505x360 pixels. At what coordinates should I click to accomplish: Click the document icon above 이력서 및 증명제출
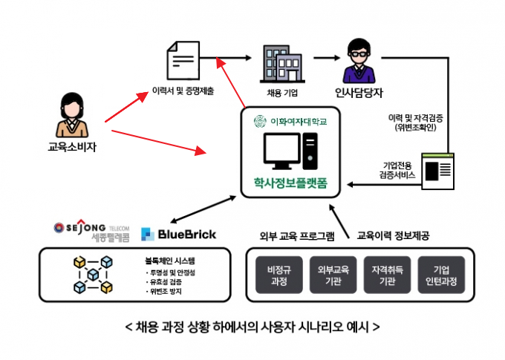point(183,60)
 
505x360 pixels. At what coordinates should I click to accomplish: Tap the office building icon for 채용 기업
point(282,64)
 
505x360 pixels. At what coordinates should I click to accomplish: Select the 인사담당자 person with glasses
point(359,61)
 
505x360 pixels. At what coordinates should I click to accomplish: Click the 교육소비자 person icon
point(72,115)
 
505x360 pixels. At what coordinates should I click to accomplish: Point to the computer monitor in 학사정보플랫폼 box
point(282,151)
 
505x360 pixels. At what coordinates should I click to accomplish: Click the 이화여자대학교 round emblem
point(260,122)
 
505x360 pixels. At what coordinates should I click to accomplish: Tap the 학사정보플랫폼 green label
point(290,183)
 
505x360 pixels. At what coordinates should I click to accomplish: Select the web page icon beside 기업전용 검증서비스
point(438,171)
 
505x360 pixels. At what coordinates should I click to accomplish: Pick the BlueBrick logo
point(178,234)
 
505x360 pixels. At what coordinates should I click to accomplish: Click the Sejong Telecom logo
point(92,230)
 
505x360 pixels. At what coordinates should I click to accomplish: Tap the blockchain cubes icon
point(93,275)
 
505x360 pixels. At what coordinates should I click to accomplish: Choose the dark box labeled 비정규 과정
point(279,275)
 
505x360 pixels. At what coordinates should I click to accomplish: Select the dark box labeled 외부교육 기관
point(333,275)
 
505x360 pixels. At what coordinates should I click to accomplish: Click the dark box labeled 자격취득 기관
point(387,275)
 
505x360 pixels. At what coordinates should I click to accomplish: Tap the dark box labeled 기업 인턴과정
point(441,275)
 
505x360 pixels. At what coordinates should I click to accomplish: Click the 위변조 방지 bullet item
point(164,292)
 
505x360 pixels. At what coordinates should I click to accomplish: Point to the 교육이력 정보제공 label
point(394,236)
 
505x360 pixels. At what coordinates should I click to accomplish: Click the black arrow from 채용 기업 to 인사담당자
point(327,58)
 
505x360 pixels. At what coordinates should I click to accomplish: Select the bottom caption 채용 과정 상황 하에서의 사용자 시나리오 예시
point(252,327)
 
